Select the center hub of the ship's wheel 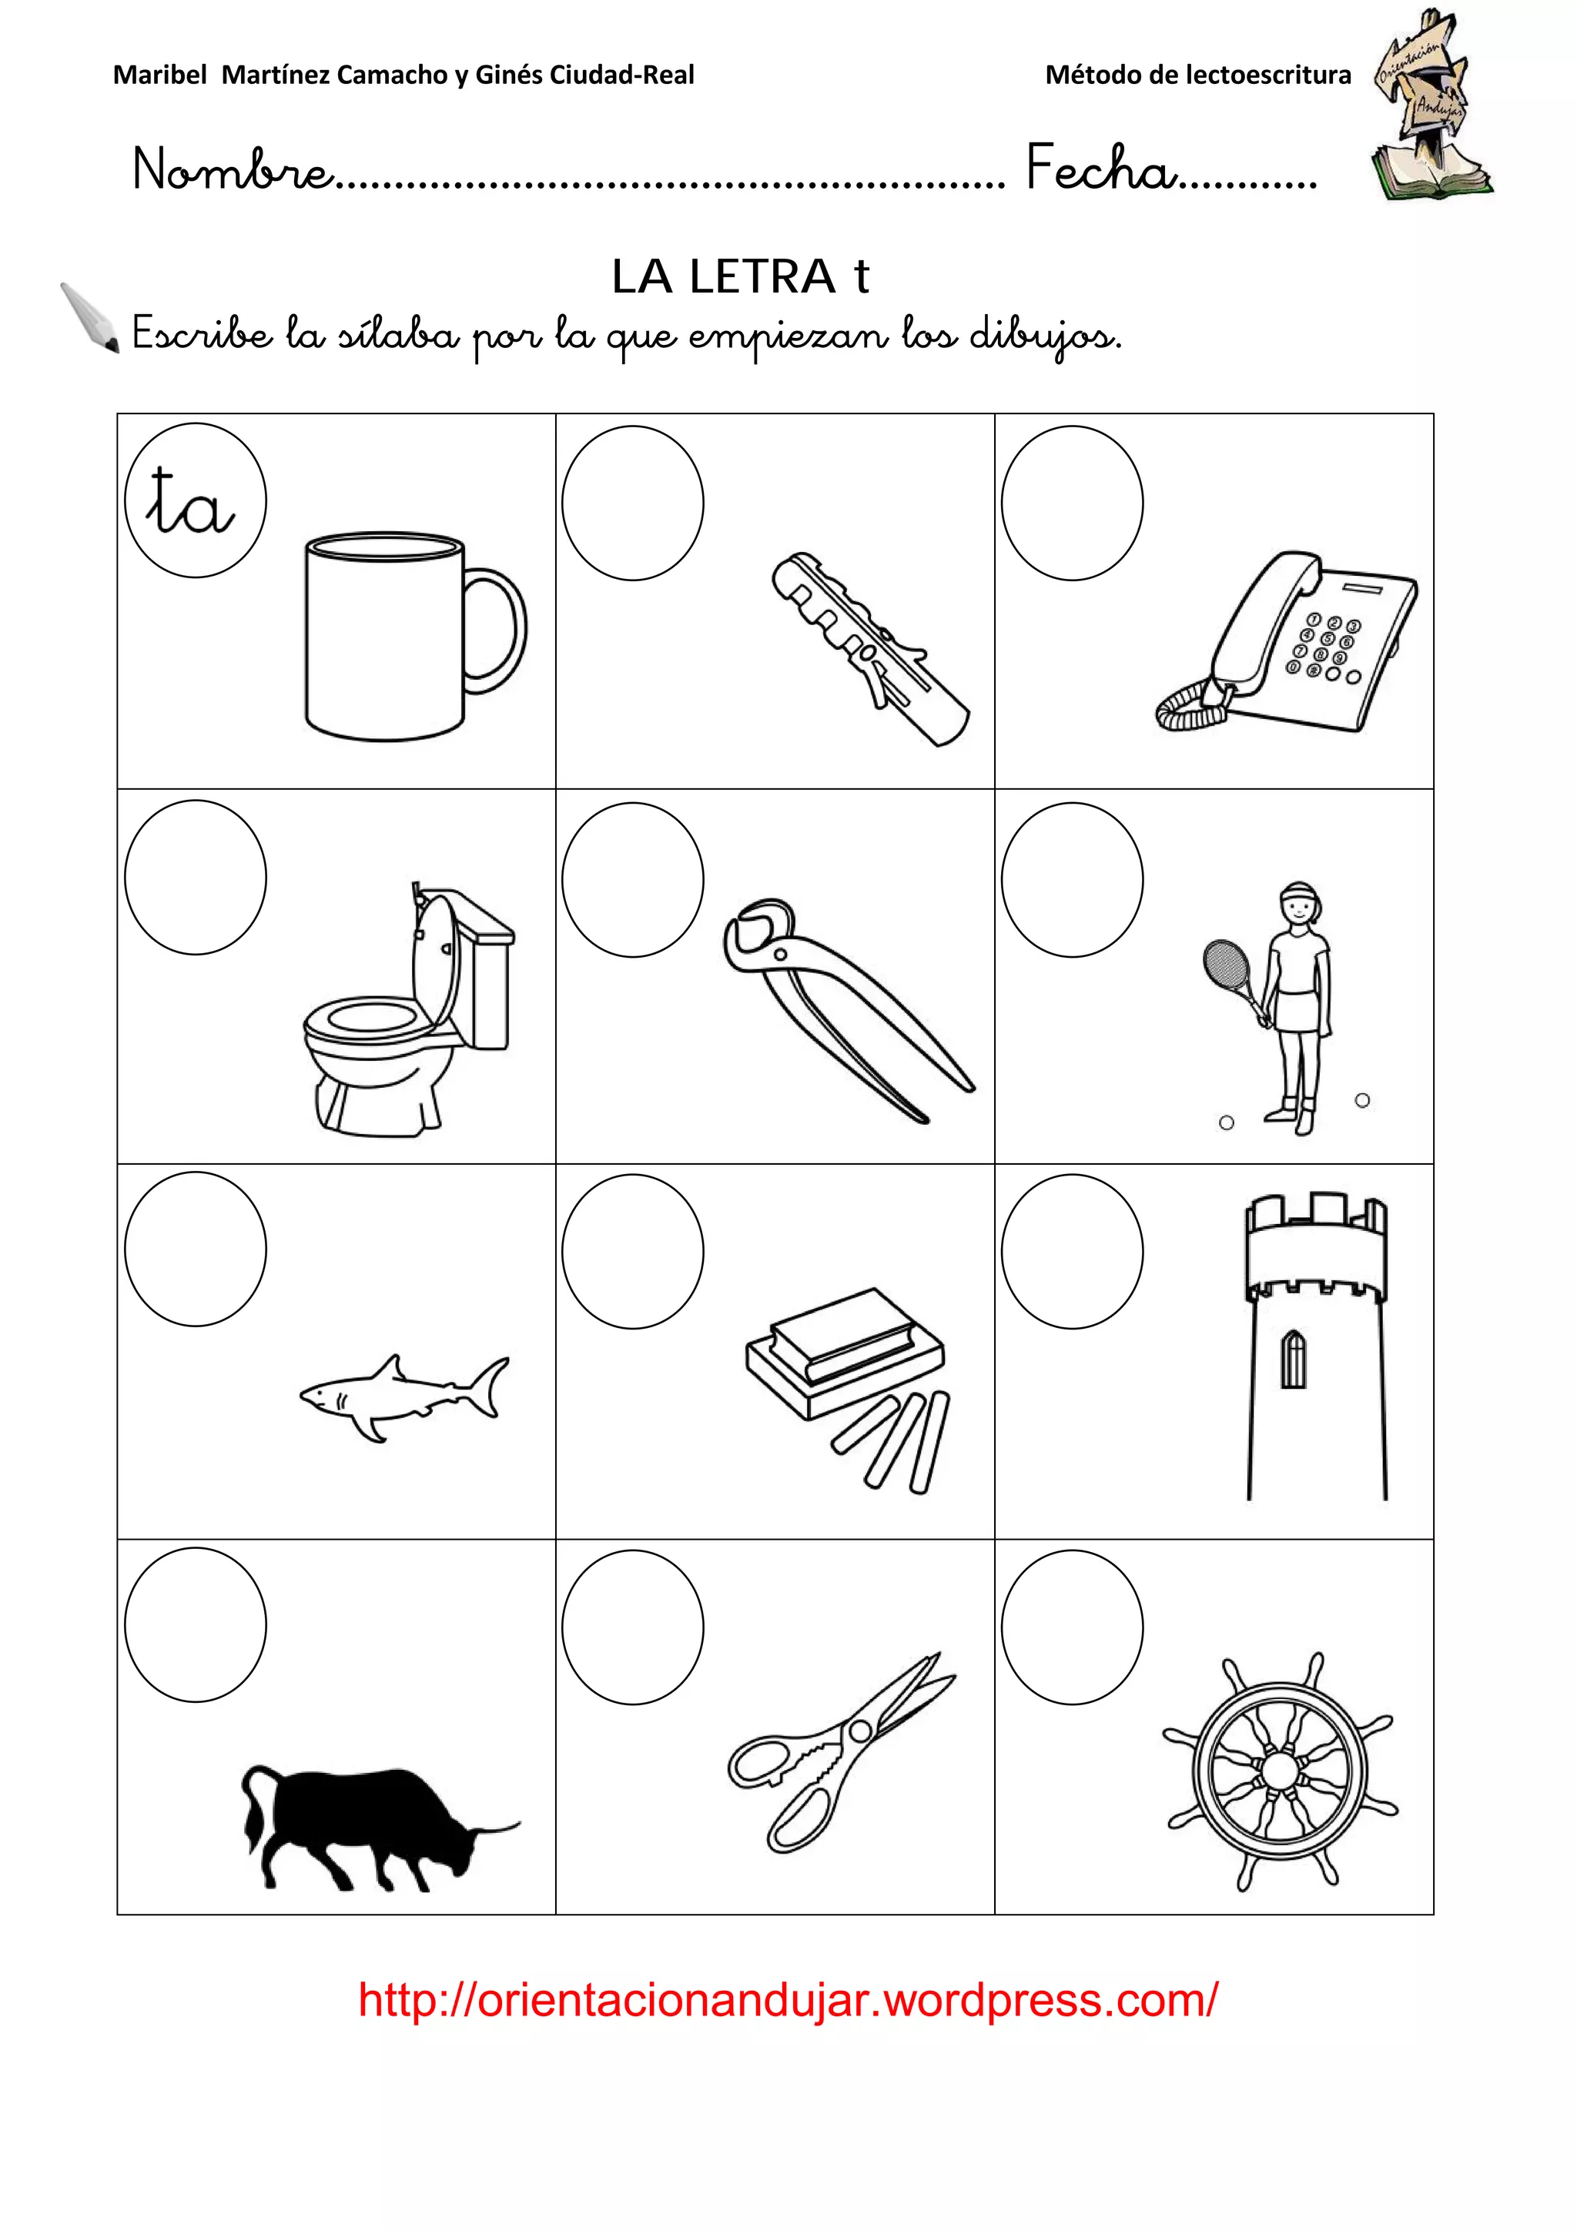coord(1279,1771)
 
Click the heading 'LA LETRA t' coord(741,277)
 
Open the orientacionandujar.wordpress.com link coord(787,2000)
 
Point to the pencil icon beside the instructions coord(89,316)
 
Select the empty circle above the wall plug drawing coord(632,503)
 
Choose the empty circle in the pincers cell coord(632,879)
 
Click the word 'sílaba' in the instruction coord(398,335)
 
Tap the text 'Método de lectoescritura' coord(1197,75)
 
